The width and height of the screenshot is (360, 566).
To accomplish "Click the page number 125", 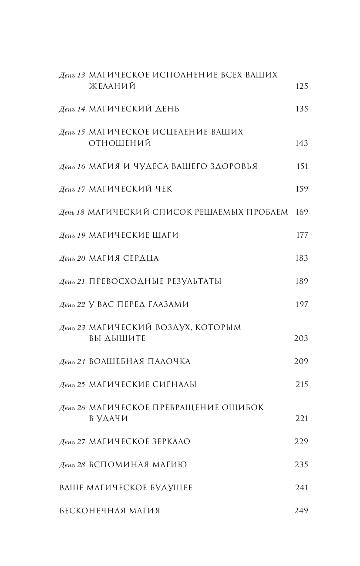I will point(301,86).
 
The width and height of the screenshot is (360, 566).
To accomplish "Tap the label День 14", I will point(72,109).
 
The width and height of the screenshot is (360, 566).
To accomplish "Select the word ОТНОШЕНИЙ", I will point(120,143).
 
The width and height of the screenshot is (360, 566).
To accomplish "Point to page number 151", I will point(302,166).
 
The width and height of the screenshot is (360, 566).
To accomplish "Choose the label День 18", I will point(72,213).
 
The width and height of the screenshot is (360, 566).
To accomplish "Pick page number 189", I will point(301,281).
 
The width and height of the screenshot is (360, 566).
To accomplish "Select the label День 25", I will point(72,385).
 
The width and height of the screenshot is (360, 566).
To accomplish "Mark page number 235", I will point(301,465).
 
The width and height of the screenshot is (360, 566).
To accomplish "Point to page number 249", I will point(301,511).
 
